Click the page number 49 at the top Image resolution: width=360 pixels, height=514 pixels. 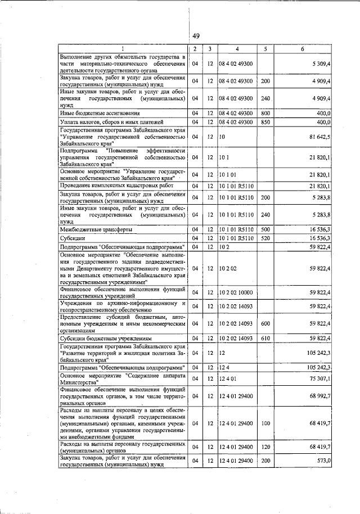tap(196, 37)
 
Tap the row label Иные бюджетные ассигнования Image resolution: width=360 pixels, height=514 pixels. tap(92, 113)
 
